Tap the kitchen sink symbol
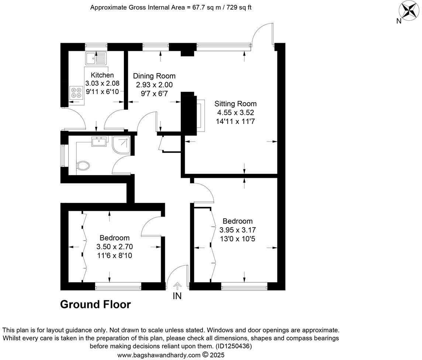click(x=96, y=58)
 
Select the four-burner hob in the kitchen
click(x=76, y=92)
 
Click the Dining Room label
click(x=154, y=76)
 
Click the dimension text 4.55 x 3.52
click(x=236, y=112)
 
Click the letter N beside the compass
click(x=398, y=21)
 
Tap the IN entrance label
click(x=177, y=296)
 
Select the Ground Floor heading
click(x=95, y=305)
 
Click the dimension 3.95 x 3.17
click(x=238, y=230)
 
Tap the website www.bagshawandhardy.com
click(x=159, y=355)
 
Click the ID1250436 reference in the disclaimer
click(x=234, y=346)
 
